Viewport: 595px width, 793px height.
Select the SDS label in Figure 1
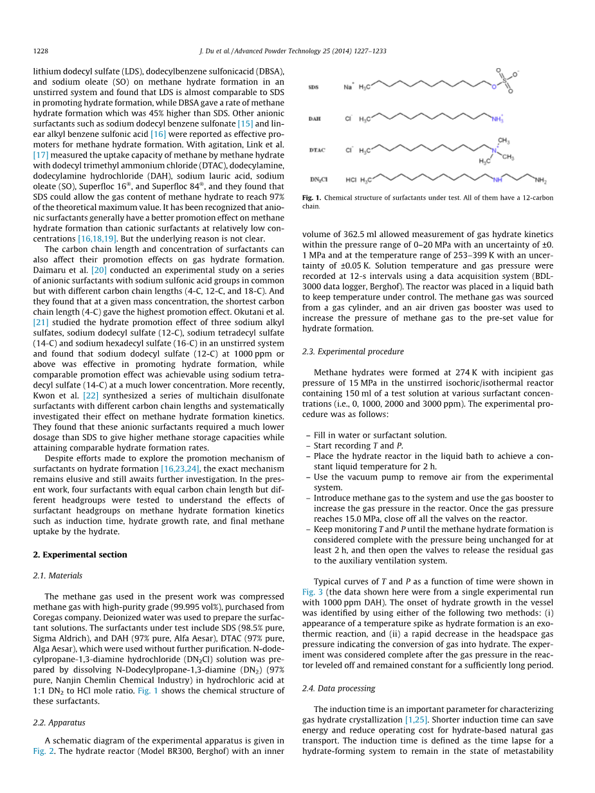(314, 87)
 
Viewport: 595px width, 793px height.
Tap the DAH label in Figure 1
(315, 119)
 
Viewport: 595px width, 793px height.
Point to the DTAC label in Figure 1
(317, 150)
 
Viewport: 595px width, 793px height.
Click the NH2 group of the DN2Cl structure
(539, 181)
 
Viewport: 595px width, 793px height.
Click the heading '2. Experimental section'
(80, 555)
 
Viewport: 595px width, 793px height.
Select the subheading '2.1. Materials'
(57, 576)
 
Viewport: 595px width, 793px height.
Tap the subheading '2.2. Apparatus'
(59, 722)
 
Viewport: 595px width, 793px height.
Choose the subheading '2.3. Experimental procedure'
(353, 352)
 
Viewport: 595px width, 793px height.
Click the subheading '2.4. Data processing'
(338, 688)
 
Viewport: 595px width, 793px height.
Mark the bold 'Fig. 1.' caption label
(312, 198)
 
